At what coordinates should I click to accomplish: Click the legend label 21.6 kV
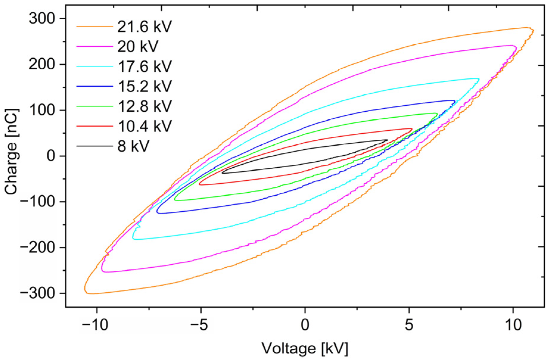click(x=144, y=27)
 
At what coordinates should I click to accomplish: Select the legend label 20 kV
click(x=138, y=47)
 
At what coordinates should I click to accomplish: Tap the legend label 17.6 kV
click(x=144, y=66)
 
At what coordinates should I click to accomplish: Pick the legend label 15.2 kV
click(x=144, y=86)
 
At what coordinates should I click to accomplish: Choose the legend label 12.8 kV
click(x=144, y=106)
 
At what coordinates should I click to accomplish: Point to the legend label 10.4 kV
click(x=144, y=126)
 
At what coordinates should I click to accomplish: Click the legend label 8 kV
click(x=133, y=146)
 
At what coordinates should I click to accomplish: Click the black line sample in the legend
click(x=94, y=146)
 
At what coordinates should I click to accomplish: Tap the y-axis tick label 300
click(x=42, y=19)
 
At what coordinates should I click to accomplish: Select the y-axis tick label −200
click(x=38, y=248)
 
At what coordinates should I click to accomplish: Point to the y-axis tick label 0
click(x=51, y=156)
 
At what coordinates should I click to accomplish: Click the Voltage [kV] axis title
click(x=305, y=348)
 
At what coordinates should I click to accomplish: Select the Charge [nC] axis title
click(x=11, y=152)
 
